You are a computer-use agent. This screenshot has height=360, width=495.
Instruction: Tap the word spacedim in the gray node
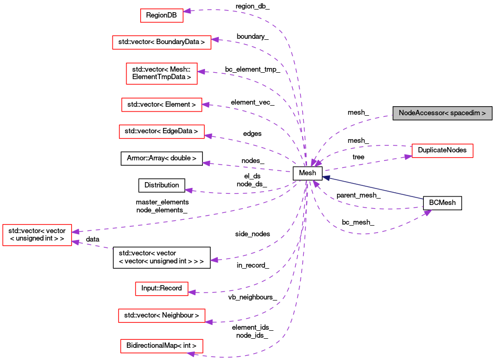pos(465,114)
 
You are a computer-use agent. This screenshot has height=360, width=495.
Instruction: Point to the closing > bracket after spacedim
pos(483,114)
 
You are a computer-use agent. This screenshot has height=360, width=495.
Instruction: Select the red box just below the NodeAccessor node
pos(442,151)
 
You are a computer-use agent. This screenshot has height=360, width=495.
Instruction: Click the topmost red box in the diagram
pos(161,15)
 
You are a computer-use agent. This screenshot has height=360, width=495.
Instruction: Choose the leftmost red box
pos(37,235)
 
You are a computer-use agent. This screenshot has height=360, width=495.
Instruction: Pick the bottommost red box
pos(161,346)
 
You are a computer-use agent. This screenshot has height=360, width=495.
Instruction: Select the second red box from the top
pos(161,42)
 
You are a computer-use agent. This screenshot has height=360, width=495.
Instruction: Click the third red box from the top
pos(161,73)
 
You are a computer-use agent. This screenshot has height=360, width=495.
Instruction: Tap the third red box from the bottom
pos(161,289)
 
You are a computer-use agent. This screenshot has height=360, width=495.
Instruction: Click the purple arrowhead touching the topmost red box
pos(187,11)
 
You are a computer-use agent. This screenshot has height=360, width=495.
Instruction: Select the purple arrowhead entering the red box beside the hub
pos(408,157)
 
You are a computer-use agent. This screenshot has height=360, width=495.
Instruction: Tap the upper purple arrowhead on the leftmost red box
pos(75,232)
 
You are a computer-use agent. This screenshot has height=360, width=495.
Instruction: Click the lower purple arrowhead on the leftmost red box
pos(75,242)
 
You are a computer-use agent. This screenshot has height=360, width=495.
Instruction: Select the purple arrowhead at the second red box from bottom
pos(209,322)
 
